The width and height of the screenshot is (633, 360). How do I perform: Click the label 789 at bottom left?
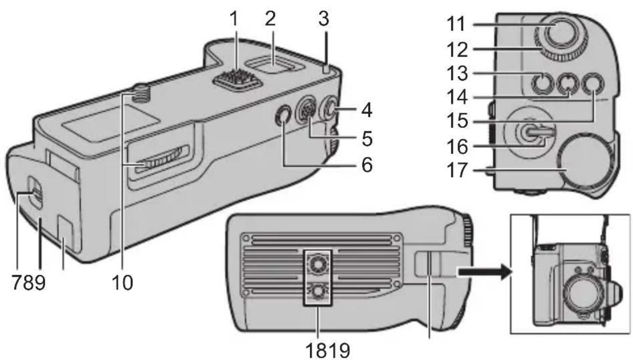(29, 282)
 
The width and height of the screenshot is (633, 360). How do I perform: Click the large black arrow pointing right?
(483, 271)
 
